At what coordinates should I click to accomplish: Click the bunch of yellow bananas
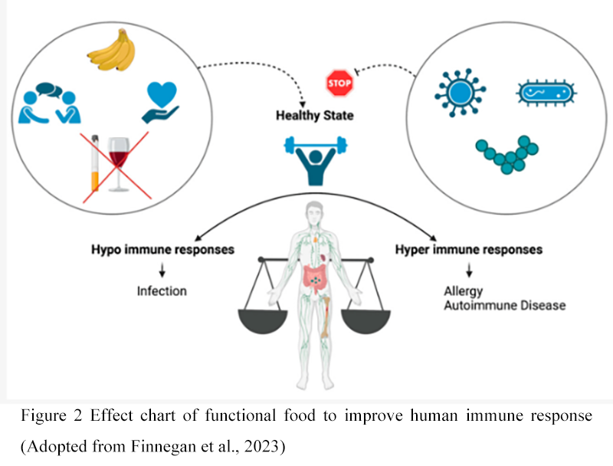[x=111, y=53]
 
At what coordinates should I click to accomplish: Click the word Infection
[x=162, y=291]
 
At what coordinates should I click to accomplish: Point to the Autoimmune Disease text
[x=504, y=305]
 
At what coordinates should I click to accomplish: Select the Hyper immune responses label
[x=469, y=250]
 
